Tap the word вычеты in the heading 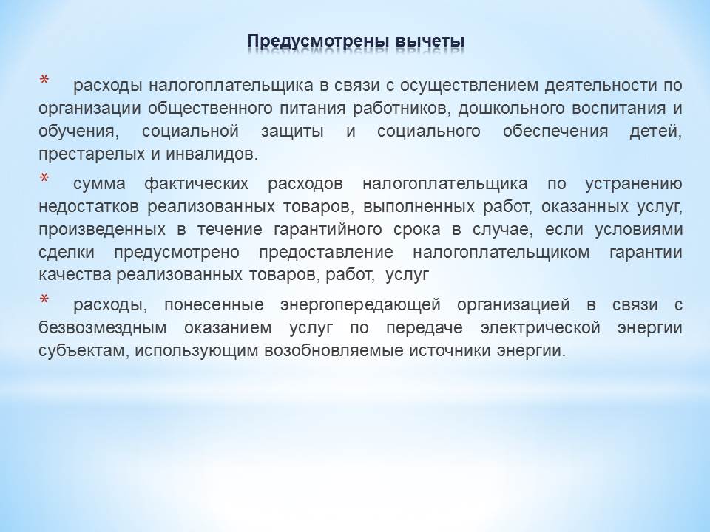click(x=430, y=41)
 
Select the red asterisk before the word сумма click(x=44, y=179)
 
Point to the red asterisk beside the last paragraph click(x=44, y=300)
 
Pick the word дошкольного click(x=518, y=108)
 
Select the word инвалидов click(x=212, y=154)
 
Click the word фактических click(x=196, y=184)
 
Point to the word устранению click(x=634, y=184)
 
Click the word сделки click(x=67, y=252)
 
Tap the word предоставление click(x=326, y=252)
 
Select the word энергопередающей click(x=360, y=305)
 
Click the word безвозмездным click(x=103, y=327)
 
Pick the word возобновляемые click(x=334, y=350)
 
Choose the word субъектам click(x=84, y=350)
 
